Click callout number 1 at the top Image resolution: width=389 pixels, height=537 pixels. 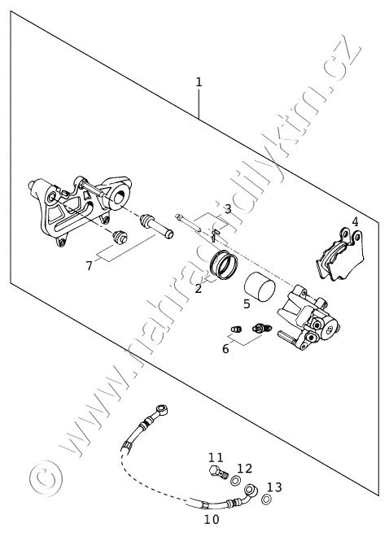pos(199,82)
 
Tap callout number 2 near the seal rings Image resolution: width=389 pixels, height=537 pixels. pos(199,289)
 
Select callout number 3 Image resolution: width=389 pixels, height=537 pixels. pos(228,209)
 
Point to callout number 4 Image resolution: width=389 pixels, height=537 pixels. pos(355,221)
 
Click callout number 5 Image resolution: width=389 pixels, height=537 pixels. pos(247,304)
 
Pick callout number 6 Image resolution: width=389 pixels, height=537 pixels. pos(225,348)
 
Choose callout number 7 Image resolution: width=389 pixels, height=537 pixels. pos(90,265)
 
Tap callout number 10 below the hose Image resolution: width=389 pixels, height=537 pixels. pos(212,520)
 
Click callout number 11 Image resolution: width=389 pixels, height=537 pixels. pos(216,457)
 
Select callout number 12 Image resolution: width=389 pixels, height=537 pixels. pos(244,469)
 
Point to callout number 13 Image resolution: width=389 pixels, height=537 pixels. pos(274,487)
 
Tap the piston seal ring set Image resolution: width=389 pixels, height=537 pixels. pos(224,264)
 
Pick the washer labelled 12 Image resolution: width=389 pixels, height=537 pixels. pos(235,481)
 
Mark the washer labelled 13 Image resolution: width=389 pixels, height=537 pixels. pos(266,500)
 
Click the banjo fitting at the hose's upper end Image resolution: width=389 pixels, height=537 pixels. pos(161,409)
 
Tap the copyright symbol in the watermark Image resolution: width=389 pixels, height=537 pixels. pos(46,478)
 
